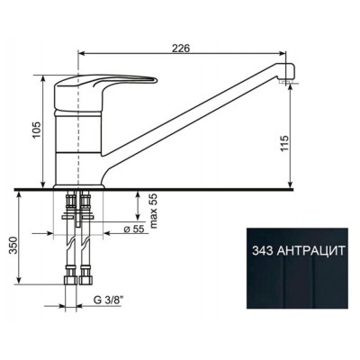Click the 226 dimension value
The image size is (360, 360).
pyautogui.click(x=181, y=48)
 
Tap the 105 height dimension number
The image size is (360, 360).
pyautogui.click(x=37, y=130)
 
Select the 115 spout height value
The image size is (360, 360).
pyautogui.click(x=284, y=144)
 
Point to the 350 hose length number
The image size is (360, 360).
pyautogui.click(x=13, y=246)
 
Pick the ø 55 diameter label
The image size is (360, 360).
pyautogui.click(x=134, y=229)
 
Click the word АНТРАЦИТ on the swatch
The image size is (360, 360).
pyautogui.click(x=310, y=250)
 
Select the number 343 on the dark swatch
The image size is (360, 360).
pyautogui.click(x=262, y=250)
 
